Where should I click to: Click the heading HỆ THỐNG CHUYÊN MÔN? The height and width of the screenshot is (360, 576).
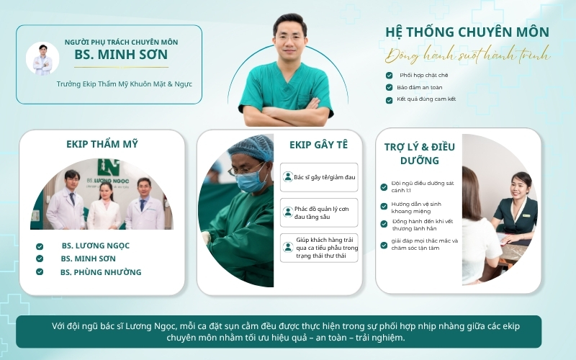pos(467,32)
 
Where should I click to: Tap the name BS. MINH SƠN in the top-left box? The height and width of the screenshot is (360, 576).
pos(121,55)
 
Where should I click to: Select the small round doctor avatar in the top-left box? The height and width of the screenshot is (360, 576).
pos(42,59)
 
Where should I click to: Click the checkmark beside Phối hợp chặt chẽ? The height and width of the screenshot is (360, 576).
pos(389,76)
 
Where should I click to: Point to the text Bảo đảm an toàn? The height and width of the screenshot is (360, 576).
pos(420,87)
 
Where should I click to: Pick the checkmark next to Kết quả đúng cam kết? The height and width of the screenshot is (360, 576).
pos(389,100)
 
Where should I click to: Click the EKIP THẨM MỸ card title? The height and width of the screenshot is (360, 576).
pos(102,144)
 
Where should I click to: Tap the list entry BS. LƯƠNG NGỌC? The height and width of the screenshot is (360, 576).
pos(96,246)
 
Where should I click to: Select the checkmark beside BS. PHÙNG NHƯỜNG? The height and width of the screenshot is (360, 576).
pos(40,272)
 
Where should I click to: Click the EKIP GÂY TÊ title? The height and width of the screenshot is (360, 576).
pos(318,145)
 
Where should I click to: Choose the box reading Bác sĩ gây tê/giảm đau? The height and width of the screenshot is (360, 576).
pos(319,177)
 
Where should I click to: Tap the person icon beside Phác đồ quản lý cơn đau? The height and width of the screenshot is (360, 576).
pos(287,212)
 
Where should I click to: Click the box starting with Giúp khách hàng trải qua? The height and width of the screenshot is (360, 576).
pos(319,248)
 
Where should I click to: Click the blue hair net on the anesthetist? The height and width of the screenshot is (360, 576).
pos(251,148)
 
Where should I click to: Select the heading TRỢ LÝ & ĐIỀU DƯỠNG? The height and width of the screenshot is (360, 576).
pos(420,153)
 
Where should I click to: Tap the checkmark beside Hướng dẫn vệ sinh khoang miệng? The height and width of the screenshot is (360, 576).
pos(384,207)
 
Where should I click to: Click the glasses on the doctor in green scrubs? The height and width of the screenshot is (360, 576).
pos(289,37)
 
